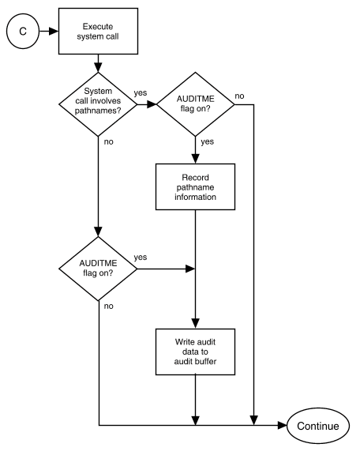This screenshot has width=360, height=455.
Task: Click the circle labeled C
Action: point(23,31)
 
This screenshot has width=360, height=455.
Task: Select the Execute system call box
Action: point(98,31)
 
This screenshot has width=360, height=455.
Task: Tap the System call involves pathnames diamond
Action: point(98,104)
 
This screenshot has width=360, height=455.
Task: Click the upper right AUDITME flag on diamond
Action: point(195,104)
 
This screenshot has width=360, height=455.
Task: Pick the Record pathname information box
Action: point(195,186)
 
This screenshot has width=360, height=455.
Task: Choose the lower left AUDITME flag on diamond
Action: point(98,269)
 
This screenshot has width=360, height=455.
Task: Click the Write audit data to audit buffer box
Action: point(195,352)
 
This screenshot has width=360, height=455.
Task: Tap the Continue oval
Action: point(318,426)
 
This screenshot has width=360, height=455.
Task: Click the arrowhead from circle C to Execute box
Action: point(54,31)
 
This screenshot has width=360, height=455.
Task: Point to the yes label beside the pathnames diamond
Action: point(141,93)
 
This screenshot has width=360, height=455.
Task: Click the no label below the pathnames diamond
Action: point(108,141)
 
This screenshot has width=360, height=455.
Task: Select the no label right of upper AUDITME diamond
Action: point(239,96)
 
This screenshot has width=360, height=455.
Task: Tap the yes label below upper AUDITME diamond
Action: point(208,141)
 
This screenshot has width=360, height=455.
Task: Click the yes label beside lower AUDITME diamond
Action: point(141,258)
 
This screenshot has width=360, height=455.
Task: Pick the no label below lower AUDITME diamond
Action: point(108,306)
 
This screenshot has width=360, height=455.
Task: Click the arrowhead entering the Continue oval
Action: point(282,426)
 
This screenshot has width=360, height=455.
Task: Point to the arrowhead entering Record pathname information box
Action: point(195,159)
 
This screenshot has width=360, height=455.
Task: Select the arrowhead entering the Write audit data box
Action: point(195,324)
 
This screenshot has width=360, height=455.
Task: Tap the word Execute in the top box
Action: point(98,26)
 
